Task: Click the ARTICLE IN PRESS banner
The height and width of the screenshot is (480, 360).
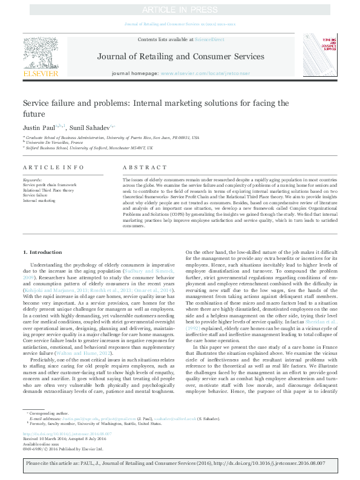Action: tap(180, 10)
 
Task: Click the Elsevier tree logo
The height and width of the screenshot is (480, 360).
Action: tap(41, 55)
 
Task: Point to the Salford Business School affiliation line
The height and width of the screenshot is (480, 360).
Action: tap(88, 148)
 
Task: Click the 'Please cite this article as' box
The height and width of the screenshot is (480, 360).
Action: tap(180, 464)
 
